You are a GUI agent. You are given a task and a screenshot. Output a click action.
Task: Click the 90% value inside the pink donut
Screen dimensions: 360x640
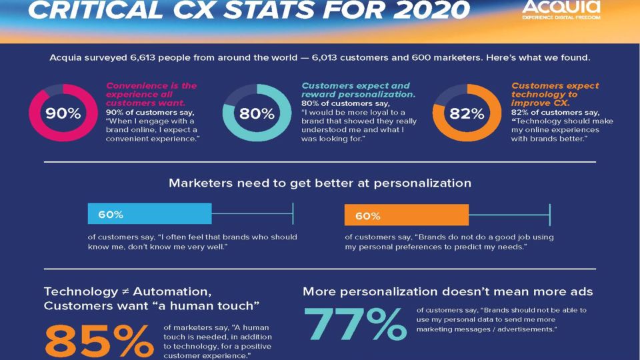(x=63, y=113)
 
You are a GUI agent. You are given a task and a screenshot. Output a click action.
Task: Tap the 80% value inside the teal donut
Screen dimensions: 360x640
(x=257, y=113)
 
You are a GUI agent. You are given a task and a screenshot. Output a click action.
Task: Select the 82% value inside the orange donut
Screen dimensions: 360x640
(x=467, y=113)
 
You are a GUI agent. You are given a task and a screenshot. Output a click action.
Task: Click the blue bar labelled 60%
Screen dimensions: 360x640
(x=149, y=215)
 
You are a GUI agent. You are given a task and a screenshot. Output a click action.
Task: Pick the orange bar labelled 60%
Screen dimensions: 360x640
(x=407, y=215)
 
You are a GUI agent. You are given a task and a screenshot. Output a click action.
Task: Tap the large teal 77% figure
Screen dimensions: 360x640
(x=355, y=324)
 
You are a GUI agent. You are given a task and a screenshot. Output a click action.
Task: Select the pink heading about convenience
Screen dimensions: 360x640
(x=151, y=95)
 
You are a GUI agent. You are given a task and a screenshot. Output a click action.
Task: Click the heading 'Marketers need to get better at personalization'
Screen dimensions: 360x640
(x=320, y=183)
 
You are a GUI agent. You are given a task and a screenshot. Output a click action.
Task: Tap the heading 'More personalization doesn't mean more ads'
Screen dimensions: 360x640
(x=447, y=291)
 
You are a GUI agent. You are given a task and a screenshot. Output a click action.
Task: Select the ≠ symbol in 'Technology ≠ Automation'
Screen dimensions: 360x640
(x=125, y=291)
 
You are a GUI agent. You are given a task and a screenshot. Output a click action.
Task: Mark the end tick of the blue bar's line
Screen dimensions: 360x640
(x=293, y=215)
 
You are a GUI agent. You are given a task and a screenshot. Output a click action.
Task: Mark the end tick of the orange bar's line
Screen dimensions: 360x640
(x=549, y=215)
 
